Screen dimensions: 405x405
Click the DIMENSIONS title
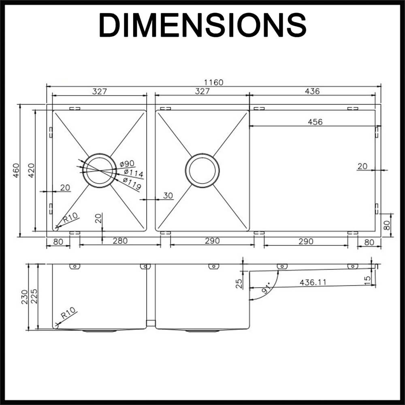tap(202, 25)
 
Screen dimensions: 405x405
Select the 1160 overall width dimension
tap(214, 82)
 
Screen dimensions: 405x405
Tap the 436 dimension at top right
tap(312, 91)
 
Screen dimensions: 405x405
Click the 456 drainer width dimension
tap(315, 122)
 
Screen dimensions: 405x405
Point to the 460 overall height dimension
tap(16, 171)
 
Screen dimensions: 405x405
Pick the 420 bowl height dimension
tap(31, 171)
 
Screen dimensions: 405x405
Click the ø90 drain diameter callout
tap(127, 164)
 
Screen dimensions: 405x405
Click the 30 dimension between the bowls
tap(168, 196)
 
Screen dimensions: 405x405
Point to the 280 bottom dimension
tap(120, 241)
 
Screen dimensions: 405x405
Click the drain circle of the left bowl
tap(98, 171)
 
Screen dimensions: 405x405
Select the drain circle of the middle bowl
tap(202, 171)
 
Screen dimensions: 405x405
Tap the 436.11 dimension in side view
tap(313, 282)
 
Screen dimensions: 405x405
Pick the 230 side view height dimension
tap(24, 297)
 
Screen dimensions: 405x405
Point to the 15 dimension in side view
tap(367, 280)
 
